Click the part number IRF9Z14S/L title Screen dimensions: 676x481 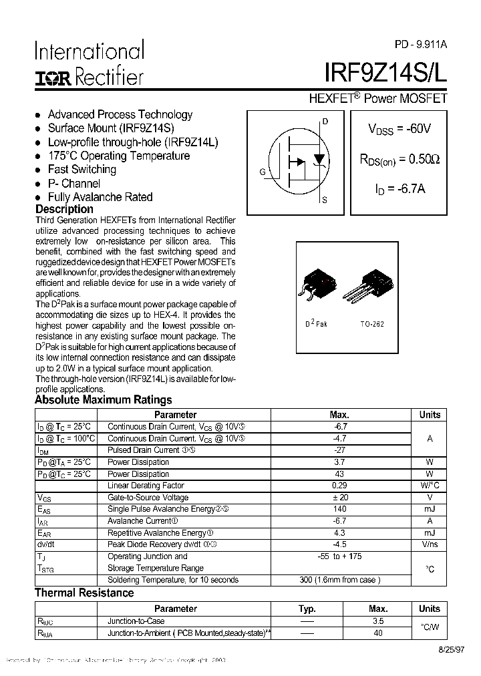385,72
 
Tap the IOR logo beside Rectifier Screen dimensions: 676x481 52,78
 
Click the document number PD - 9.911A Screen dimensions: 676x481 420,45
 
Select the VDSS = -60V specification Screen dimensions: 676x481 399,129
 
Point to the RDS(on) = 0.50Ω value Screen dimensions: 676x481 399,160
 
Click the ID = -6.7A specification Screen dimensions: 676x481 399,189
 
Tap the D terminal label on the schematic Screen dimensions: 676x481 325,122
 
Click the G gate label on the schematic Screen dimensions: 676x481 263,172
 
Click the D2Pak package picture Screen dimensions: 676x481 317,287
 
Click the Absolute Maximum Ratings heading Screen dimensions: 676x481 103,400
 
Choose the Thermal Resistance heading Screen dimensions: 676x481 84,593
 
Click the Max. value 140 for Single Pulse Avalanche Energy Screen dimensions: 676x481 339,509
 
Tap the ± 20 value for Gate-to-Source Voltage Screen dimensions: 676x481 339,498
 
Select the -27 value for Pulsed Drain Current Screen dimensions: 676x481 339,450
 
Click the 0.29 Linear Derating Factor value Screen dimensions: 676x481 339,486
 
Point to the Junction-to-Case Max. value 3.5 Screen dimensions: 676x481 378,621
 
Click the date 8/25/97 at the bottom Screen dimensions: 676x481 428,649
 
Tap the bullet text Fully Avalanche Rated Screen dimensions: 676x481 100,197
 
